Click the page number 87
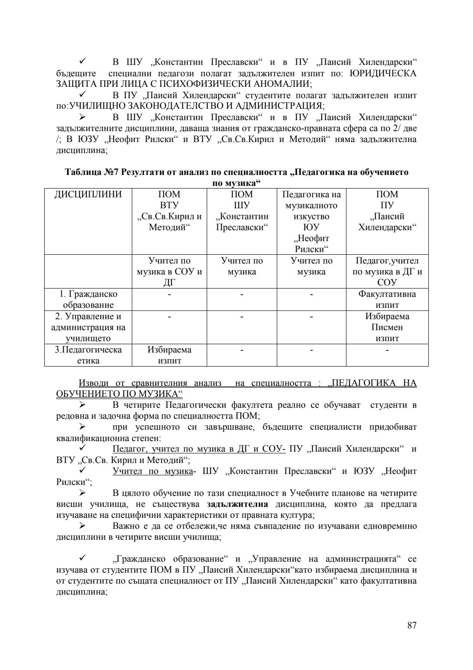pos(411,625)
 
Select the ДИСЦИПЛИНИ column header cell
pos(88,194)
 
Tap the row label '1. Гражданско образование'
pos(88,299)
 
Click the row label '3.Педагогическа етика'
pos(88,355)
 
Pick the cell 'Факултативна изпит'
pos(387,299)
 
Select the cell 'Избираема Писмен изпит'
pos(387,327)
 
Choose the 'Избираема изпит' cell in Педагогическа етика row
pos(169,355)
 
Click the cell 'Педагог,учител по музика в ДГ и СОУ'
pos(387,271)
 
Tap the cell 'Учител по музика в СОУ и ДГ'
pos(169,271)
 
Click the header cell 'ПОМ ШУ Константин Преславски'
pos(242,211)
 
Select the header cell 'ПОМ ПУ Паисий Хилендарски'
pos(387,211)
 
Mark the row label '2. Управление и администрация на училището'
pos(88,327)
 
